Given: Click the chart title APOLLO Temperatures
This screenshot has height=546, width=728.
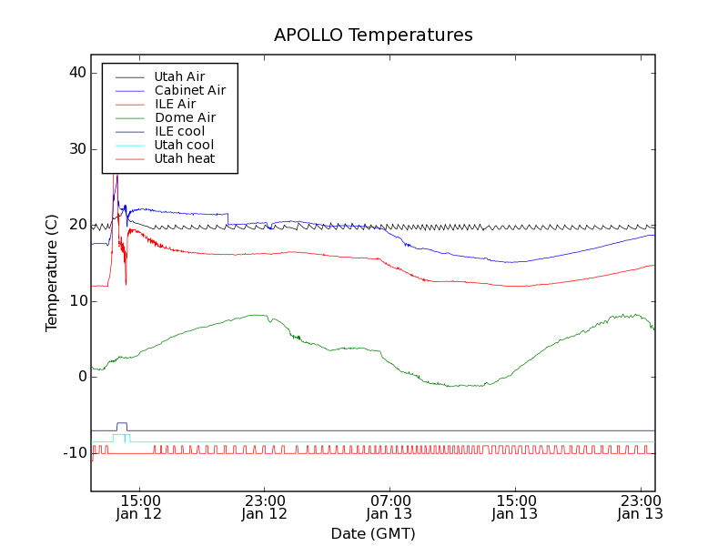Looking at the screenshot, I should click(x=373, y=35).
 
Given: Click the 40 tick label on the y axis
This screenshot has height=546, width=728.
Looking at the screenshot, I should click(x=76, y=73).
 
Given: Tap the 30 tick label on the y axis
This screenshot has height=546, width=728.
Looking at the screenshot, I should click(x=76, y=149).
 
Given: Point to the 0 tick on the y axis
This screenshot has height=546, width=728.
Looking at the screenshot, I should click(x=82, y=377).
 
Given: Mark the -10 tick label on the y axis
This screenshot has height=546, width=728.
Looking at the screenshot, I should click(x=74, y=453).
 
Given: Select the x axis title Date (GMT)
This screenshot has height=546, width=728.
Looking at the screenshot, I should click(x=373, y=533).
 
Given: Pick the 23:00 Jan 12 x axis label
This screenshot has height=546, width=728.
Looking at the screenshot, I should click(x=264, y=507).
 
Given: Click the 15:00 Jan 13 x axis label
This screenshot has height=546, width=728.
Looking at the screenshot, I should click(x=515, y=507).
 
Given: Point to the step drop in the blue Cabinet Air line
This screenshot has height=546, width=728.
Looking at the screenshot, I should click(x=227, y=218).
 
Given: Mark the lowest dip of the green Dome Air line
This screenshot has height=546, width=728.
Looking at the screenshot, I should click(x=452, y=386).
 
